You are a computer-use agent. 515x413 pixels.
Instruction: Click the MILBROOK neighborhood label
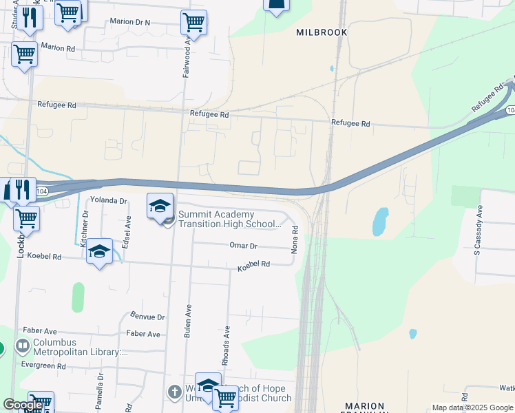322,32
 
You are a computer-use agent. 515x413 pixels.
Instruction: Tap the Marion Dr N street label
130,22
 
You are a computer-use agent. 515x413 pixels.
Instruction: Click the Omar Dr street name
243,246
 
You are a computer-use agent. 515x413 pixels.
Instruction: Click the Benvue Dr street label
147,317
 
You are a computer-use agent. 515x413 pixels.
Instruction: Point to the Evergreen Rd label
43,366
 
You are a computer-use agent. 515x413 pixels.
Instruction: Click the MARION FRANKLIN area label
364,407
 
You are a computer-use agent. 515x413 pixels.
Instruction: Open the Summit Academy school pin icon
160,206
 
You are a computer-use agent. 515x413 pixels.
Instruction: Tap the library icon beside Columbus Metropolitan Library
23,345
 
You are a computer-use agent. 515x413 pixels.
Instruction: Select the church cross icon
175,392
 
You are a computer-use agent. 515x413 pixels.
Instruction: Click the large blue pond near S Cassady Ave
379,222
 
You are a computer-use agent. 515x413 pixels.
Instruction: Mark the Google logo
23,405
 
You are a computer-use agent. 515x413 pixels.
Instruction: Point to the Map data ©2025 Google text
472,407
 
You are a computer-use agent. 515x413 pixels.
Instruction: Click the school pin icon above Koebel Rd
100,252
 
